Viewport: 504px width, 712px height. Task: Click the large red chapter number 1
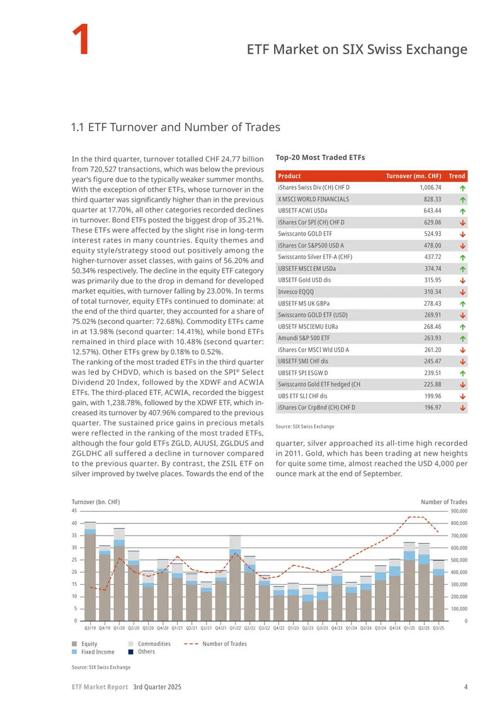pyautogui.click(x=81, y=40)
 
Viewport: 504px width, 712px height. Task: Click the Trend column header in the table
pyautogui.click(x=457, y=176)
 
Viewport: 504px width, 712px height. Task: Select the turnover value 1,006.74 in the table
pyautogui.click(x=430, y=188)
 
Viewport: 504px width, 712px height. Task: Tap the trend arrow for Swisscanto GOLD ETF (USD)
pyautogui.click(x=462, y=315)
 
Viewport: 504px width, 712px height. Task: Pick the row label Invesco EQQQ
pyautogui.click(x=295, y=292)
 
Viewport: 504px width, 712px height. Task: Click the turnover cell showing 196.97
pyautogui.click(x=433, y=408)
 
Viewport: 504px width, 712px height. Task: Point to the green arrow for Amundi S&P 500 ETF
pyautogui.click(x=462, y=338)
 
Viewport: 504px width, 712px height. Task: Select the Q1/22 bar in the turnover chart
pyautogui.click(x=235, y=578)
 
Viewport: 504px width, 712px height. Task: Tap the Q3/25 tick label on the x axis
pyautogui.click(x=438, y=628)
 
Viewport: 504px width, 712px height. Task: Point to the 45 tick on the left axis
pyautogui.click(x=74, y=511)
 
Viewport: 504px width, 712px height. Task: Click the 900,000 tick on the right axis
pyautogui.click(x=459, y=511)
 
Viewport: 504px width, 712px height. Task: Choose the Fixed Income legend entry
pyautogui.click(x=93, y=652)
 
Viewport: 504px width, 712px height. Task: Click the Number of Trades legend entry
pyautogui.click(x=215, y=644)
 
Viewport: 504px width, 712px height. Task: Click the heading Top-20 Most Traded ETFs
pyautogui.click(x=320, y=158)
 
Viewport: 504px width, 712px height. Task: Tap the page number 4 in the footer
pyautogui.click(x=466, y=687)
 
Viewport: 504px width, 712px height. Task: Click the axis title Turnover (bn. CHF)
pyautogui.click(x=96, y=502)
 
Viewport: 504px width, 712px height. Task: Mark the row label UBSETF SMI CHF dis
pyautogui.click(x=303, y=362)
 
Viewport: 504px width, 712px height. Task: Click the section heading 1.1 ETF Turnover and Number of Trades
pyautogui.click(x=176, y=127)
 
